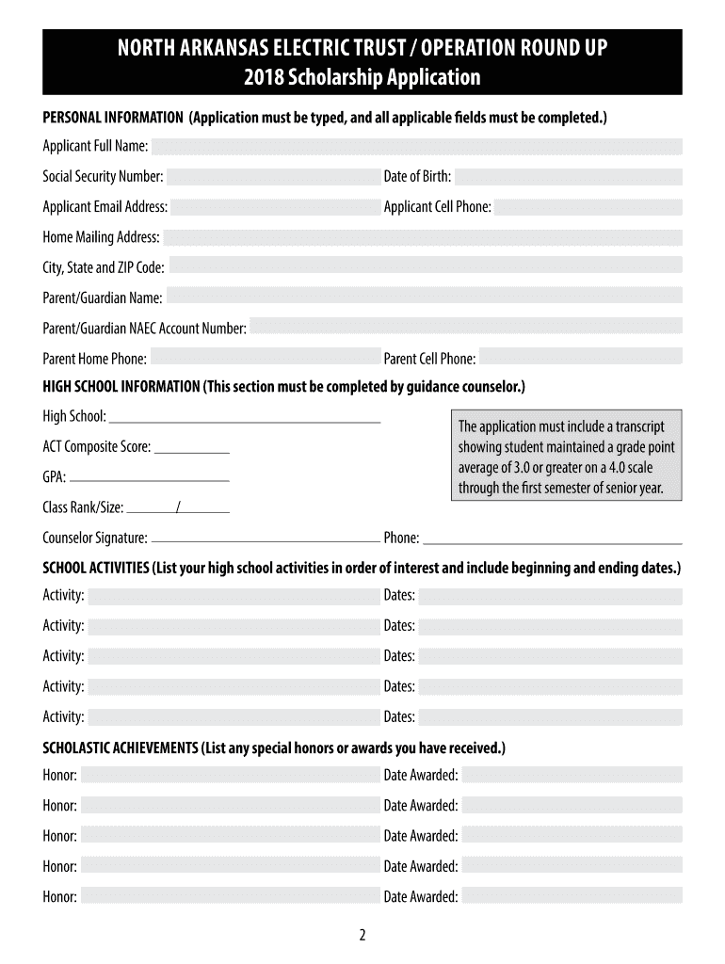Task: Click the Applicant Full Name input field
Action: point(417,146)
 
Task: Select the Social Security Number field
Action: point(273,177)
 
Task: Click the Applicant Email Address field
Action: point(275,207)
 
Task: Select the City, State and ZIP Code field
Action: point(426,267)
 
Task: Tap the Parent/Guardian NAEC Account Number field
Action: point(466,328)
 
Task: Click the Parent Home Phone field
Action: point(265,358)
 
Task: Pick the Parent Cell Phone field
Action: point(581,358)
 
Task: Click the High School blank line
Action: point(245,420)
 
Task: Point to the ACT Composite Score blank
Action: point(191,451)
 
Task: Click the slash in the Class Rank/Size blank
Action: point(178,508)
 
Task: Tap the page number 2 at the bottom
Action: point(362,935)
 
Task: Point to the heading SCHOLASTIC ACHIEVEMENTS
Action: point(120,748)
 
